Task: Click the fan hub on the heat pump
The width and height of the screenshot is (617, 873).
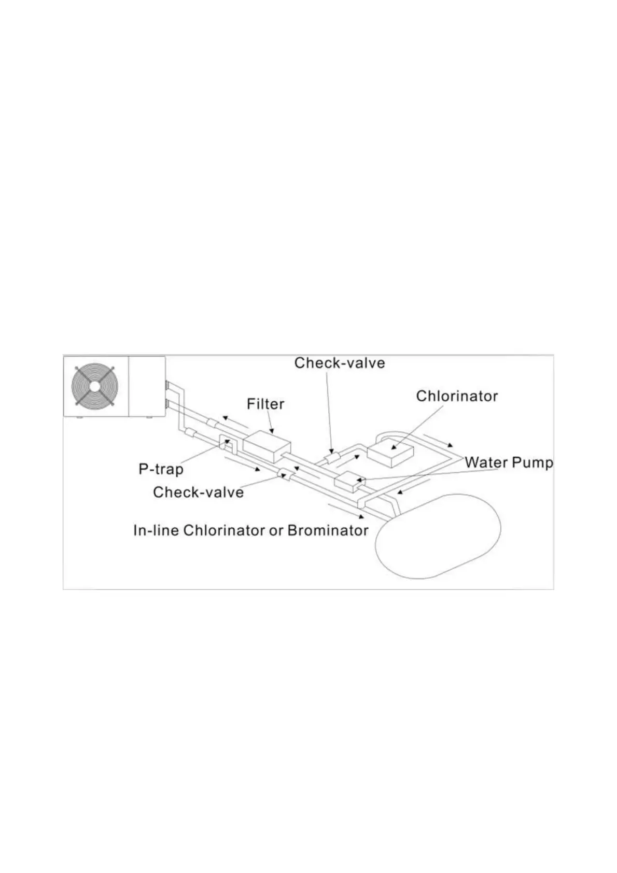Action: pyautogui.click(x=94, y=386)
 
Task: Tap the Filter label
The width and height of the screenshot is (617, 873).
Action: pyautogui.click(x=265, y=404)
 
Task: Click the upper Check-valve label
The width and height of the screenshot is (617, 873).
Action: pyautogui.click(x=340, y=363)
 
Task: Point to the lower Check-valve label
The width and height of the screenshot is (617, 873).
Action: pyautogui.click(x=198, y=492)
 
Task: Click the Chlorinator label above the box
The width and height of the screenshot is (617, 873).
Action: pyautogui.click(x=457, y=396)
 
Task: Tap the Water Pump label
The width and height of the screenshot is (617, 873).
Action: pyautogui.click(x=509, y=462)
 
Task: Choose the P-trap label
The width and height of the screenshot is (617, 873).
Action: pyautogui.click(x=161, y=469)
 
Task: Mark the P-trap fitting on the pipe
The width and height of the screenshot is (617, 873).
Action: pyautogui.click(x=227, y=444)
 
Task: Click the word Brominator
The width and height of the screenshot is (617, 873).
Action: pyautogui.click(x=328, y=531)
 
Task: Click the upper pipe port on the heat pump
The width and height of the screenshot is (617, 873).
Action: pyautogui.click(x=167, y=386)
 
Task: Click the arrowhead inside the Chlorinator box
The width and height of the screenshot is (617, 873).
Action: pyautogui.click(x=392, y=445)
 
